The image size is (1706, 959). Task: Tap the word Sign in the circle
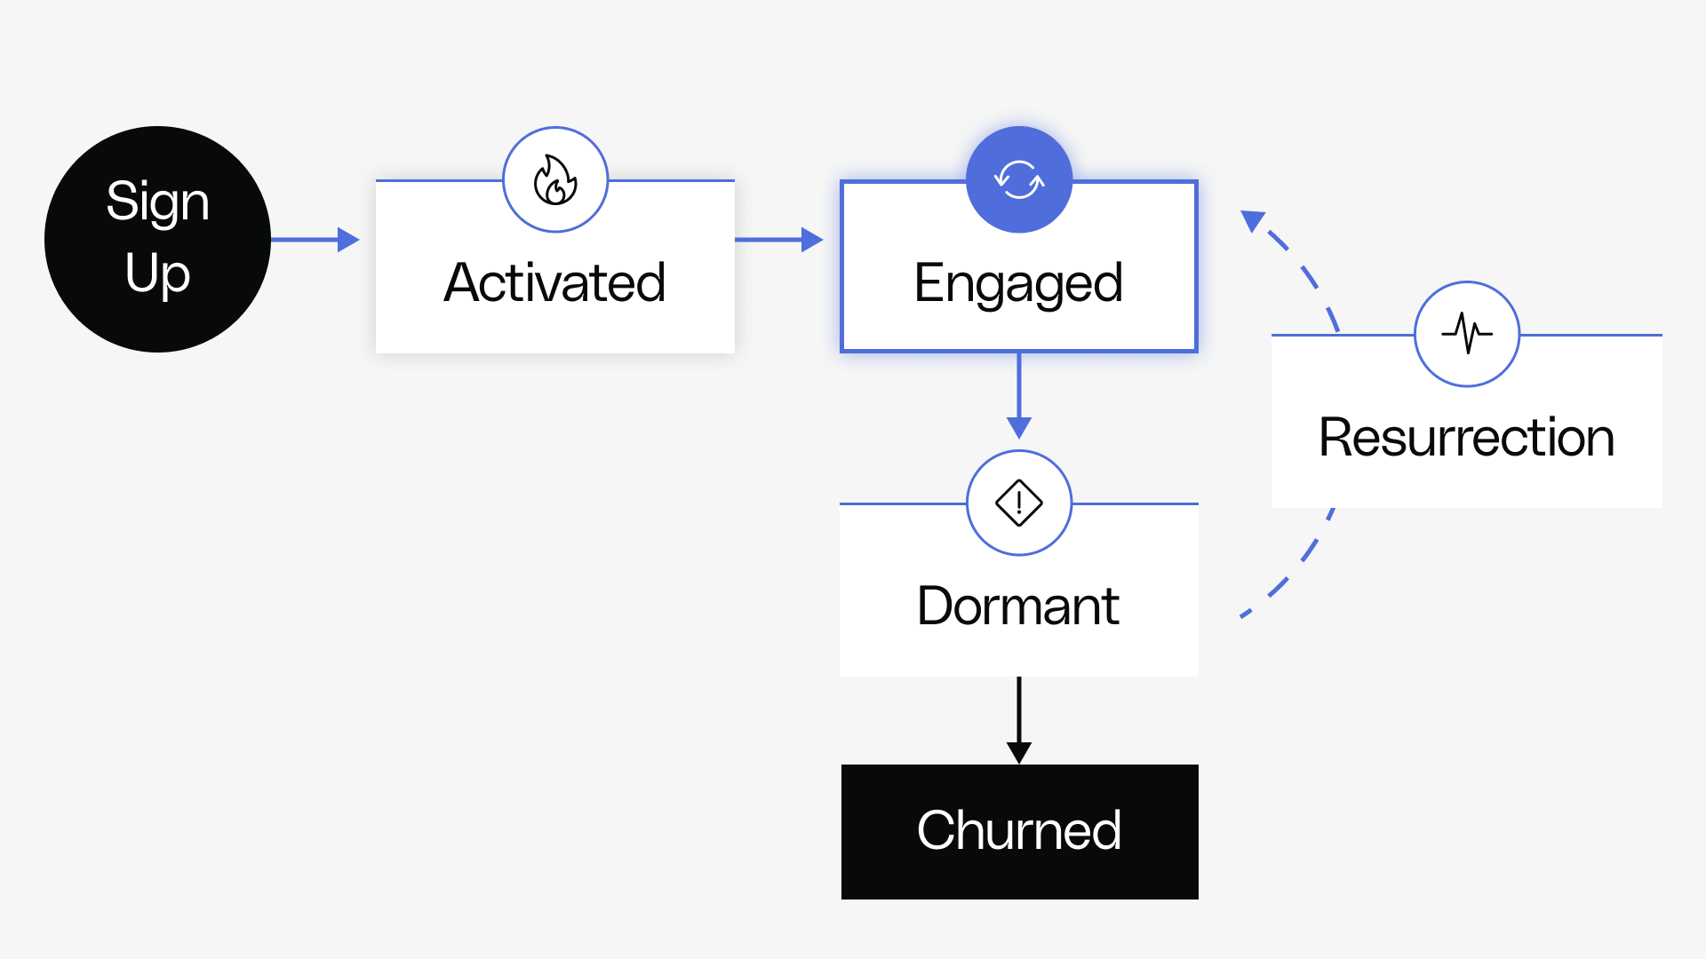coord(157,202)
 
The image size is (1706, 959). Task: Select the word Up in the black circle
coord(157,273)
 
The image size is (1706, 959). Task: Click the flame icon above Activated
coord(555,180)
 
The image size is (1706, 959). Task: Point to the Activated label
coord(554,282)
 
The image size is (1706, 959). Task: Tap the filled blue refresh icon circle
coord(1019,180)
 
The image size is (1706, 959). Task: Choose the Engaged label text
coord(1018,284)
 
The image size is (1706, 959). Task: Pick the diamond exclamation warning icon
coord(1019,503)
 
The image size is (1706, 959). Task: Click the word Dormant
coord(1018,606)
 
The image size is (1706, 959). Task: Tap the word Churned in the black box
coord(1018,831)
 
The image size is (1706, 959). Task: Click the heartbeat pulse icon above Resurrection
coord(1467,334)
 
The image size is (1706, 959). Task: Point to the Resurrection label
coord(1466,438)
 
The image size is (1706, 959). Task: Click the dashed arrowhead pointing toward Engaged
coord(1253,219)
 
